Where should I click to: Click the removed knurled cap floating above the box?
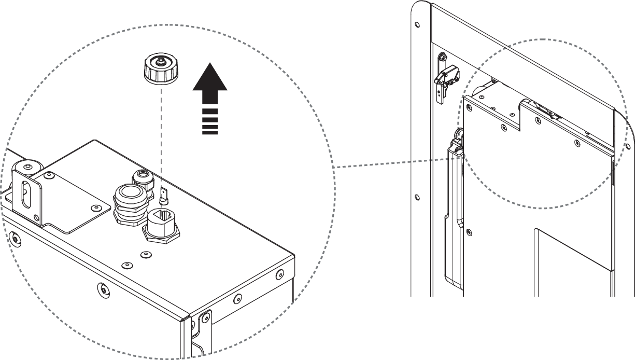(x=161, y=70)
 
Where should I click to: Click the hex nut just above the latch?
(x=443, y=58)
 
